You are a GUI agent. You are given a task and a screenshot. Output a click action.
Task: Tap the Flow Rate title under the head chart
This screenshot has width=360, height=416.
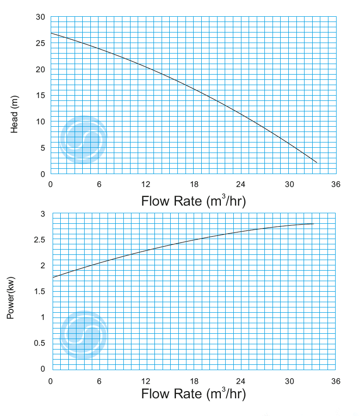coord(193,201)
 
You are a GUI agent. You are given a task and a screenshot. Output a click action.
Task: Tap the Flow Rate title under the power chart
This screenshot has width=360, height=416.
coord(193,394)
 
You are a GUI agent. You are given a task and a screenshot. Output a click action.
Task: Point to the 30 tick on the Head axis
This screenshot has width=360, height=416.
coord(41,17)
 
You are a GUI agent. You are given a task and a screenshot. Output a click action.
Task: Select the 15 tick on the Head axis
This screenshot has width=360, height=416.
coord(41,96)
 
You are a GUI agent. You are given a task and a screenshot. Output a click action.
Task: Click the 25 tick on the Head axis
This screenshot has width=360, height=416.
coord(41,44)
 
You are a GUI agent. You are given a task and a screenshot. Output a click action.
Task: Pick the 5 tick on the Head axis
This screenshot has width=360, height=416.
coord(43,148)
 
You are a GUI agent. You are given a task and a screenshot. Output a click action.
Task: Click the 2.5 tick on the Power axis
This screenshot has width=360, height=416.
coord(39,240)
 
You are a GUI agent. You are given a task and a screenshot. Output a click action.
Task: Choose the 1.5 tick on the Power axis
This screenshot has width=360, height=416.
coord(39,291)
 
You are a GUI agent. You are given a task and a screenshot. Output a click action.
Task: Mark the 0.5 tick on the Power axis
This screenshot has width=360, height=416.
coord(39,343)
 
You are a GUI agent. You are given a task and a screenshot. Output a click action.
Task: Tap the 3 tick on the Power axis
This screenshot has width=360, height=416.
coord(43,214)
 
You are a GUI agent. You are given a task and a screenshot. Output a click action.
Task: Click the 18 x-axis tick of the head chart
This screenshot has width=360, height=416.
coord(194,185)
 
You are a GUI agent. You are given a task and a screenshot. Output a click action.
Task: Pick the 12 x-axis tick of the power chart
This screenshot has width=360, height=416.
coord(146,381)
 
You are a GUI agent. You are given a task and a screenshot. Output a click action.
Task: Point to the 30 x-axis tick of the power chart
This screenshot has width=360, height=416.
coord(289,381)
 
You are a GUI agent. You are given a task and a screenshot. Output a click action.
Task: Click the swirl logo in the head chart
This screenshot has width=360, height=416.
coord(83,140)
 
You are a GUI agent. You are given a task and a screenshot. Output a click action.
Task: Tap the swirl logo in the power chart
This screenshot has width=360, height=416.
coord(83,335)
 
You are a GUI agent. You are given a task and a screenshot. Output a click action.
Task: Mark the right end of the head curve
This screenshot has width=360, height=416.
coord(316,163)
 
